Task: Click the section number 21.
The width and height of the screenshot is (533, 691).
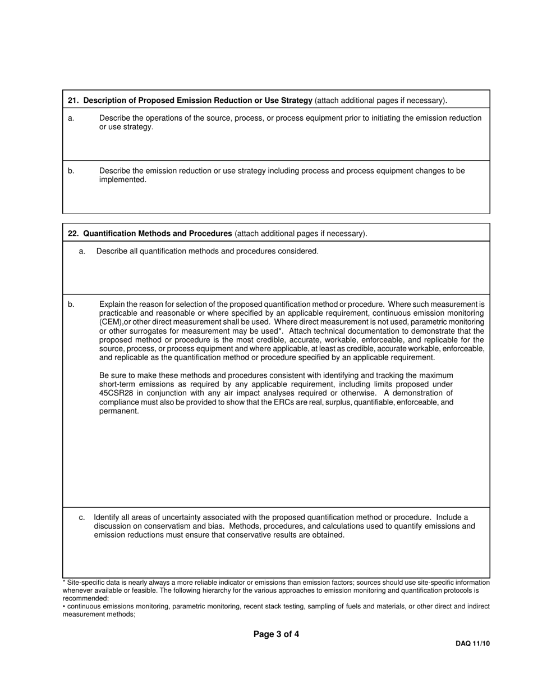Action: click(73, 101)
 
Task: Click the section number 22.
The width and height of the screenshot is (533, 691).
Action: click(73, 234)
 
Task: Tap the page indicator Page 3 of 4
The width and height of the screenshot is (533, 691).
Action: click(276, 634)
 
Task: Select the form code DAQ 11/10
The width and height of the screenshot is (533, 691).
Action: click(472, 644)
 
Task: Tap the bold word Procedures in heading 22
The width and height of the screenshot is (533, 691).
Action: click(210, 234)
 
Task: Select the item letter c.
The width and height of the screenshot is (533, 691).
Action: click(82, 517)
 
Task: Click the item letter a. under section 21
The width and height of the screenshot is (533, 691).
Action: click(71, 118)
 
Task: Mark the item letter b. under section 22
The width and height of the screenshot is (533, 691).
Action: click(71, 304)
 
